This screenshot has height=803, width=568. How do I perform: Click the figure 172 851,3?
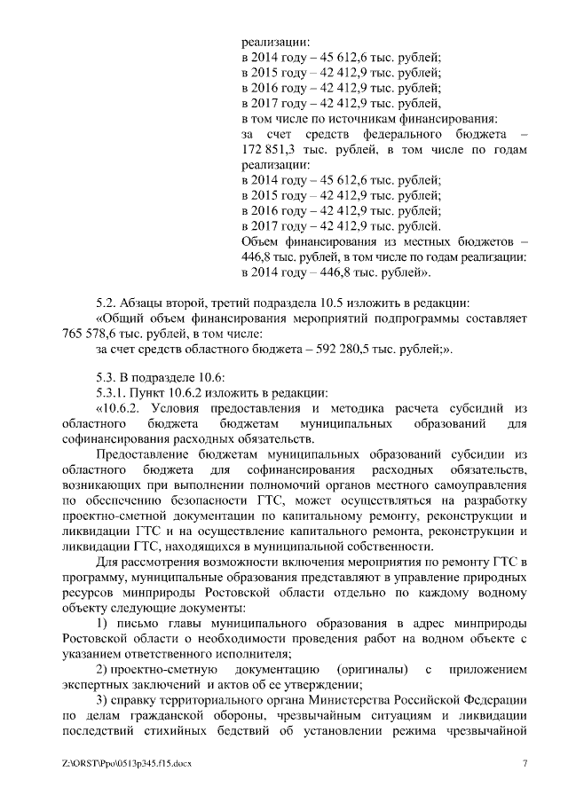tap(273, 149)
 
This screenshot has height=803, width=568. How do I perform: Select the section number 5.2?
tap(107, 303)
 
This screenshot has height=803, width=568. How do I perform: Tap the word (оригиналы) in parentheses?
tap(373, 667)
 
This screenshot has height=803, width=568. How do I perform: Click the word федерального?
tap(388, 133)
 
